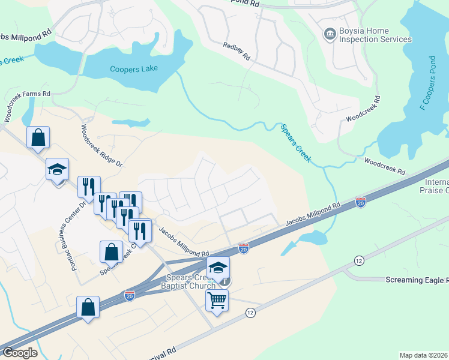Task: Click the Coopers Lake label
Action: point(134,68)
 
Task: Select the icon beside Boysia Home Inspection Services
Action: point(330,35)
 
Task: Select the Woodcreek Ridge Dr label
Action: point(101,145)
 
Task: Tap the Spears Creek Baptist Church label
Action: point(190,281)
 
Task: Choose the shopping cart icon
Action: point(217,299)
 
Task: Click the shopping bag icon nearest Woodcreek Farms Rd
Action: point(38,137)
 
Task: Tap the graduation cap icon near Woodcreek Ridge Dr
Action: point(58,169)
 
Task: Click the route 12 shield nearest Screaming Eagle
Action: point(359,260)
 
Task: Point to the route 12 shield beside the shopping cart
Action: point(250,313)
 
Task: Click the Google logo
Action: point(20,353)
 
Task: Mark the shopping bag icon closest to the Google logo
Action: point(88,307)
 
